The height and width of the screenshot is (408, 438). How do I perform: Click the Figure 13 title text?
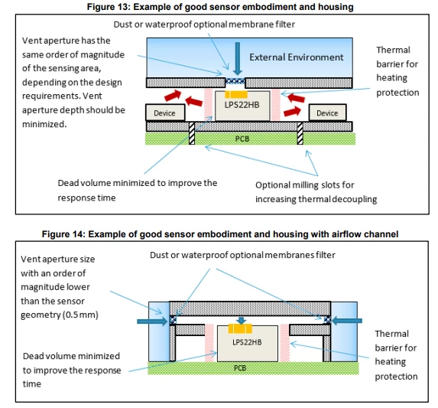point(220,7)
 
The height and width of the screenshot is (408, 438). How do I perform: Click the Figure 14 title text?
point(220,233)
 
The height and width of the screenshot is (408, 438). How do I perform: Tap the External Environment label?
point(296,57)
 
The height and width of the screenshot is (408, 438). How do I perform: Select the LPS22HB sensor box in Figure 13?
point(242,106)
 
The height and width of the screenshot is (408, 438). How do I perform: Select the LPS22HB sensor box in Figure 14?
point(247,344)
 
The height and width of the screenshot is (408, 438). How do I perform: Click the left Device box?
point(165,113)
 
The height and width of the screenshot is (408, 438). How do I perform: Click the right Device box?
point(327,113)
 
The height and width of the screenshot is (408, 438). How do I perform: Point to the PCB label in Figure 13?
point(242,139)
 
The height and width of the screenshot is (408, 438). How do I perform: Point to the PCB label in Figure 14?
point(240,367)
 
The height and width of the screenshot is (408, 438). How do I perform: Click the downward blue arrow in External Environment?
point(238,59)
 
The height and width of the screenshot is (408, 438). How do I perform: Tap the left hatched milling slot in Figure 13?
point(192,133)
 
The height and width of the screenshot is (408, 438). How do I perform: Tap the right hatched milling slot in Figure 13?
point(300,133)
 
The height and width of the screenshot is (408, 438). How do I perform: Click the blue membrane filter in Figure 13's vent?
point(235,81)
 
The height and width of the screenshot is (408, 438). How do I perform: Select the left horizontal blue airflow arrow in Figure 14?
point(152,321)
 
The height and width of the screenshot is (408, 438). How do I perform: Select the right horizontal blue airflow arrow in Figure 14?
point(347,321)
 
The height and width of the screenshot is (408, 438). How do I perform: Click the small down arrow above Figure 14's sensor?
point(241,321)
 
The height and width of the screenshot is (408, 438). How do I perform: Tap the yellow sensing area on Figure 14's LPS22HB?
point(240,328)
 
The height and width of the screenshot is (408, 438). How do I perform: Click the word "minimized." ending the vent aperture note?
point(44,124)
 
